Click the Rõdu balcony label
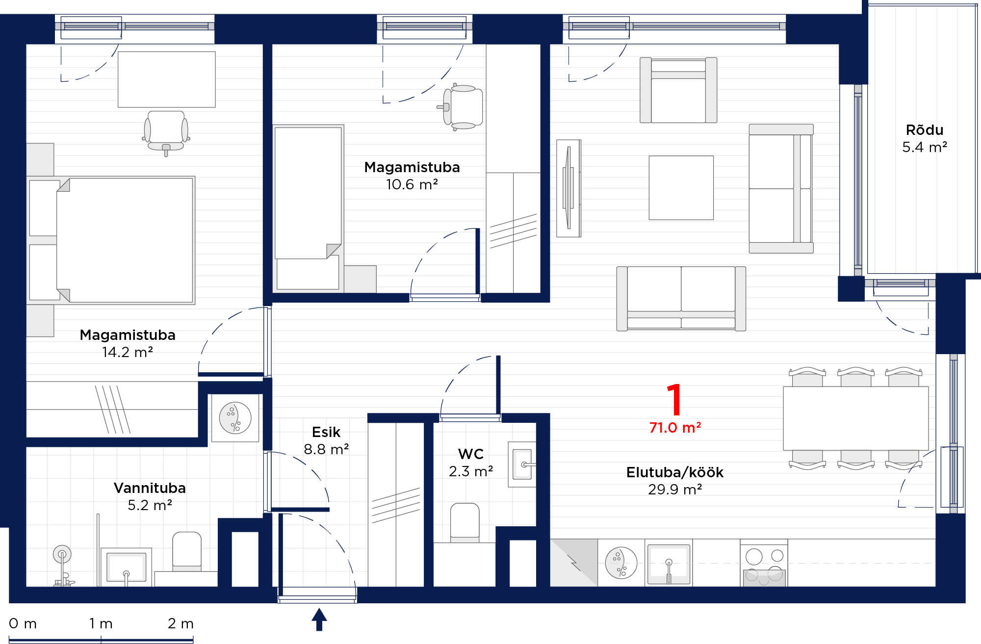pos(925,129)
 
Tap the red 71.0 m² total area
pos(675,428)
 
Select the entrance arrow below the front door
pos(319,619)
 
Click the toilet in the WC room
pos(465,522)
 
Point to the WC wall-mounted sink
pos(522,464)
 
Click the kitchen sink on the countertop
pos(669,564)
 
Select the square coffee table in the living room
pos(681,188)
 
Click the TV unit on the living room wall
pos(569,188)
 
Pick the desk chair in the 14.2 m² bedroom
pos(166,132)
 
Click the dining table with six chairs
pos(856,418)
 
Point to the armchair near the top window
pos(678,90)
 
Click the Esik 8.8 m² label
pos(326,440)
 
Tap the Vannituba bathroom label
pos(150,488)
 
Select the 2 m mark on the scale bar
pos(181,624)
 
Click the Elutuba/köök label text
pos(675,472)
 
